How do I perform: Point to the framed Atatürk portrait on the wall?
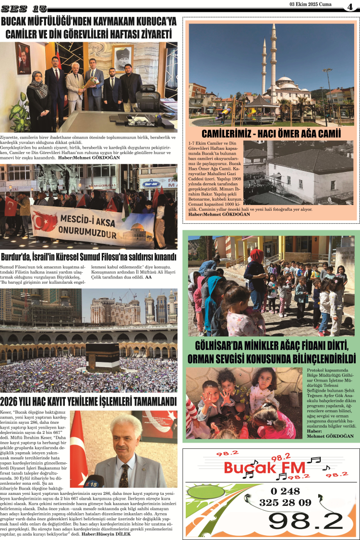point(123,59)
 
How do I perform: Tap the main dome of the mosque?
point(286,82)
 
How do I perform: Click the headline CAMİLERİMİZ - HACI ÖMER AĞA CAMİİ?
point(271,133)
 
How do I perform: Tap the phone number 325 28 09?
point(285,503)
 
